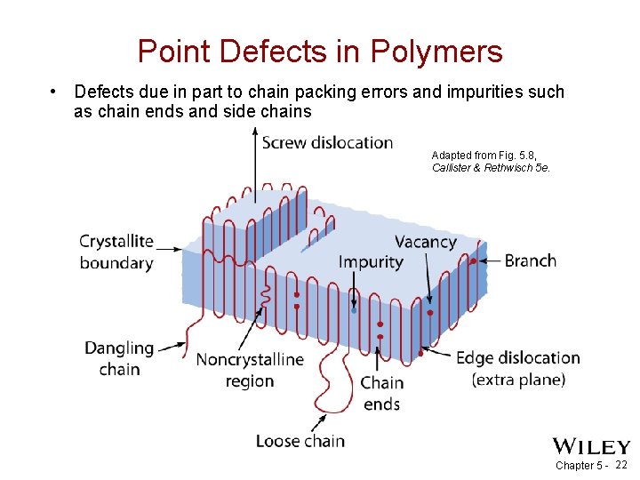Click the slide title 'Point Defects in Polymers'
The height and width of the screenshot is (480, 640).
coord(320,52)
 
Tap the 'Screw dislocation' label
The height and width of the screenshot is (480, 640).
coord(327,142)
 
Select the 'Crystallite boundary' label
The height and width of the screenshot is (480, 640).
coord(116,252)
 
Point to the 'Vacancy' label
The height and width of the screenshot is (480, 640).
coord(426,242)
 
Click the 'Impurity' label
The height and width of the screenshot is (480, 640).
coord(371,261)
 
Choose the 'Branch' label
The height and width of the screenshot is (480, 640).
coord(531,260)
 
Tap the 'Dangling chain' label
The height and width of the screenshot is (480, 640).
coord(119,358)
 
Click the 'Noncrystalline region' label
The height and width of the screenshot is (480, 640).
coord(250,370)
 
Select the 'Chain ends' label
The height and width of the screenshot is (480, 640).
coord(381,393)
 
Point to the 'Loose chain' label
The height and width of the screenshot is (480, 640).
coord(300,440)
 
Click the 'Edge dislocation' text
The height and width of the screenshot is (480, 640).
coord(517,358)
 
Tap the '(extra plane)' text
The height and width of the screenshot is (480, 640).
coord(518,380)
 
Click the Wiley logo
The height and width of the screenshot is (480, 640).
coord(591,446)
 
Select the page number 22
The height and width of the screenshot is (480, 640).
coord(621,465)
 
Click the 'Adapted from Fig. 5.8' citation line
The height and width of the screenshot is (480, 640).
coord(484,155)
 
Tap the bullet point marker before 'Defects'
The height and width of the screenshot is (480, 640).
coord(54,92)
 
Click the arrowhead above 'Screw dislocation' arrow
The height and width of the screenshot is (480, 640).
coord(255,134)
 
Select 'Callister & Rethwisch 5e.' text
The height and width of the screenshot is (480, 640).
coord(491,167)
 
